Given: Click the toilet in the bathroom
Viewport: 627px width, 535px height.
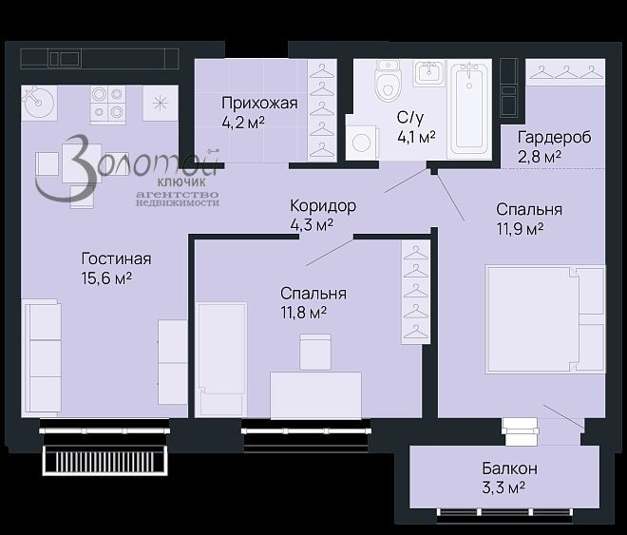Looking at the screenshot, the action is tap(388, 81).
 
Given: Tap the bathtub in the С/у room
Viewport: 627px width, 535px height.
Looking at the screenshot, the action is tap(469, 109).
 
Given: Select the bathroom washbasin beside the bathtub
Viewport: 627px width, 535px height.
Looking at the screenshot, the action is tap(429, 73).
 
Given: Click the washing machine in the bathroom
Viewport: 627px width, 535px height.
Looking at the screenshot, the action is tap(361, 143).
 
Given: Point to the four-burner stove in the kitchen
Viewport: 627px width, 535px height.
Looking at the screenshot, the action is tap(108, 103).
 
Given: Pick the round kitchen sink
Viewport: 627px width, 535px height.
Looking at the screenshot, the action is tap(39, 103).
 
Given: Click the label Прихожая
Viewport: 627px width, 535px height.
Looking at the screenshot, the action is tap(259, 104).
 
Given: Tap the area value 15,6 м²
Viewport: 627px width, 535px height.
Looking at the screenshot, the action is tap(106, 277).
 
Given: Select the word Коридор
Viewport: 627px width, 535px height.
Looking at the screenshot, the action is tap(323, 206).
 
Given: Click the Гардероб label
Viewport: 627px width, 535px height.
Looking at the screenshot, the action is tap(554, 137).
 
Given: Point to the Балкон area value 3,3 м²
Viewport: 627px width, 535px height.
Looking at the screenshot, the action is tap(503, 487).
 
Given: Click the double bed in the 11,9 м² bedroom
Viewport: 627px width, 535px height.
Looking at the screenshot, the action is tap(545, 319).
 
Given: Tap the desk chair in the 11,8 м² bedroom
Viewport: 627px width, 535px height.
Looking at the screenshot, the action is tap(315, 352).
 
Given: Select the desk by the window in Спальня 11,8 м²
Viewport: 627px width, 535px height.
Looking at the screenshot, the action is tap(316, 395).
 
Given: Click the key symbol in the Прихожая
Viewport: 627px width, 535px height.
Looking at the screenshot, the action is tap(214, 151).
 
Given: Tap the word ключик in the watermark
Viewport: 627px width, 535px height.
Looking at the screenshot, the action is tap(182, 182).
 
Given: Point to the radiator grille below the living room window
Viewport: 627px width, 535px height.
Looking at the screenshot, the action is tap(105, 461).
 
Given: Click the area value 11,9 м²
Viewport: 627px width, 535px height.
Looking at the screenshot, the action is tap(520, 229).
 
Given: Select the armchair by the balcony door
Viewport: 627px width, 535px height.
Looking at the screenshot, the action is tap(520, 431).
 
